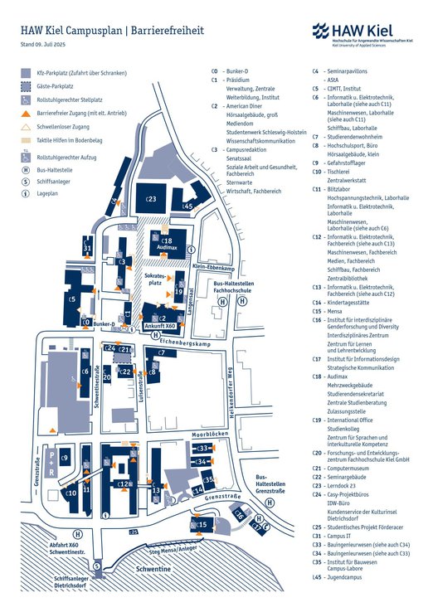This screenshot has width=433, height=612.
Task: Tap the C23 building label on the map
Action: tap(151, 199)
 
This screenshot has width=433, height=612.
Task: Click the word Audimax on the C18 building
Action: tap(167, 248)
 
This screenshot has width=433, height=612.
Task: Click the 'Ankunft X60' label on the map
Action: tap(158, 326)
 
